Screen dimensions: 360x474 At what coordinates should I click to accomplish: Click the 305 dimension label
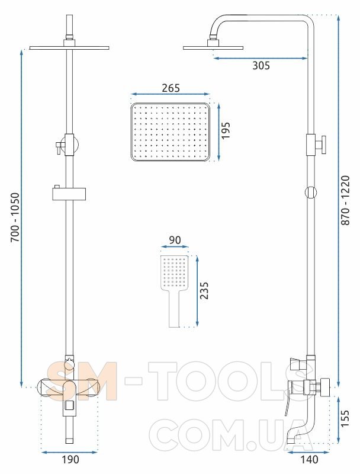point(261,65)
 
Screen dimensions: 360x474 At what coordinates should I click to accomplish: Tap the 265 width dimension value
point(171,88)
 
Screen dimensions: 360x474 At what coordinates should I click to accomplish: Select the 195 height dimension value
point(226,130)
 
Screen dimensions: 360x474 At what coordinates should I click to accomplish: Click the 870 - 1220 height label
point(345,200)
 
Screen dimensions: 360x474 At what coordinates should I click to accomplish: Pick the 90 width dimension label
point(175,240)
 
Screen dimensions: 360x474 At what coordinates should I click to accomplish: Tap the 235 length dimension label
point(204,290)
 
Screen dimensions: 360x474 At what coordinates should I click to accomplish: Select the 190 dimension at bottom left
point(70,460)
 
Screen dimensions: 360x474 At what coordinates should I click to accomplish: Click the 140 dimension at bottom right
point(309,460)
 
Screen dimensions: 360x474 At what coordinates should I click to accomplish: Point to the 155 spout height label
point(344,418)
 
